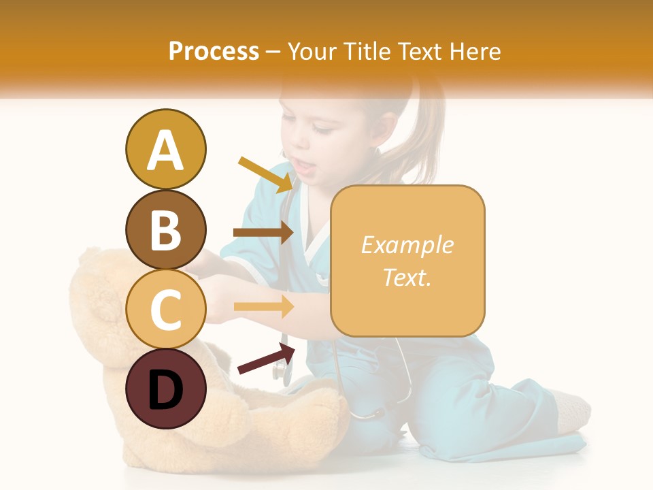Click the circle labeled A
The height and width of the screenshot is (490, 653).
pyautogui.click(x=165, y=149)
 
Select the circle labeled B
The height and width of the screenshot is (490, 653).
pyautogui.click(x=165, y=229)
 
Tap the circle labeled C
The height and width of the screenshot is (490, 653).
pyautogui.click(x=165, y=309)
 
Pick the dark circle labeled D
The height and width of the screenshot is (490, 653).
pyautogui.click(x=165, y=389)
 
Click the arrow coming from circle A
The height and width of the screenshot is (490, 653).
pyautogui.click(x=266, y=174)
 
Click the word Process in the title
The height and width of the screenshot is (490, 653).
pyautogui.click(x=214, y=51)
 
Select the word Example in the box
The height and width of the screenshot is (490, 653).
pyautogui.click(x=407, y=245)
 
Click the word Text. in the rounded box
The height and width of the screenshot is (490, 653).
pyautogui.click(x=407, y=277)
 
